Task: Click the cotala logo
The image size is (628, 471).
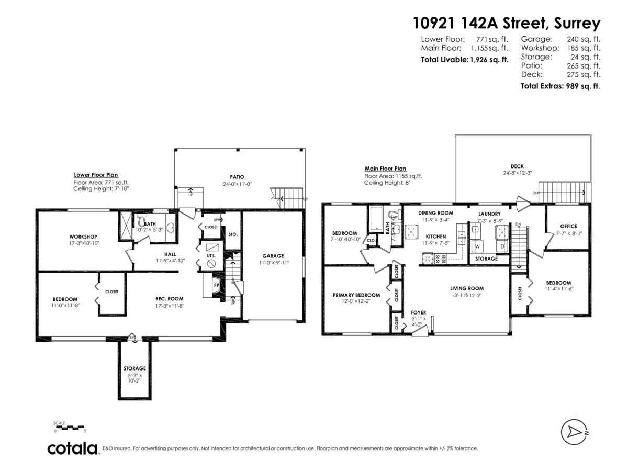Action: pos(73,448)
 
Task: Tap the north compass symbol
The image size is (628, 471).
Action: pos(575,432)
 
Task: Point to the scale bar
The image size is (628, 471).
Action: pos(69,428)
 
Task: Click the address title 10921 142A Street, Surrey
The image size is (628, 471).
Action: pos(506,24)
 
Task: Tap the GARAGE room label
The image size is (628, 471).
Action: pos(273,256)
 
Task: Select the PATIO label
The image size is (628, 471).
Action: pos(237,177)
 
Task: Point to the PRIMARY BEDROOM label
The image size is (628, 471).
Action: pos(356,295)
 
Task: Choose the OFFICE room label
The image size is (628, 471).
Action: pos(567,226)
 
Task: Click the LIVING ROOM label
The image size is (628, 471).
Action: pos(466,288)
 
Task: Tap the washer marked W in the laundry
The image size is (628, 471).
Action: pos(477,245)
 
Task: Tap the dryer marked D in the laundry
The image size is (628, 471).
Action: pos(501,245)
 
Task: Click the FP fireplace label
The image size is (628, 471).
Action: pos(216,285)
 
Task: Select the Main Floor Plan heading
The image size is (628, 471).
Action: pos(385,169)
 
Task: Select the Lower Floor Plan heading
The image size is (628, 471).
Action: pos(96,175)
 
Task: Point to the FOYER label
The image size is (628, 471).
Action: pos(418,312)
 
